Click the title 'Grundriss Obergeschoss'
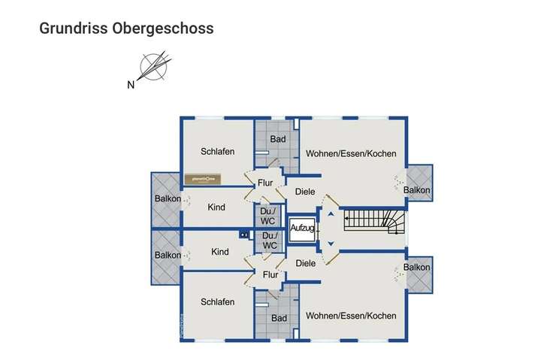pyautogui.click(x=126, y=29)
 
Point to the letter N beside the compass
pyautogui.click(x=131, y=85)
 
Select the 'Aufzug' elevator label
pyautogui.click(x=304, y=227)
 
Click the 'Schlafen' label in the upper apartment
pyautogui.click(x=218, y=151)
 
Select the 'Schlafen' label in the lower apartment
pyautogui.click(x=218, y=301)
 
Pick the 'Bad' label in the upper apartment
pyautogui.click(x=278, y=139)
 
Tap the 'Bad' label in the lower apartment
pyautogui.click(x=280, y=318)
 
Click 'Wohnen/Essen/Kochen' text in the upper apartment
pyautogui.click(x=350, y=153)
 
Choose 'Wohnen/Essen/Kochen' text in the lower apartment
pyautogui.click(x=350, y=316)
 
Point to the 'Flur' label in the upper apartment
pyautogui.click(x=265, y=183)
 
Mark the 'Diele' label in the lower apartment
pyautogui.click(x=306, y=263)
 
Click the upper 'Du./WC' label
pyautogui.click(x=268, y=216)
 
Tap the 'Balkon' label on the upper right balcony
pyautogui.click(x=417, y=190)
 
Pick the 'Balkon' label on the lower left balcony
pyautogui.click(x=168, y=255)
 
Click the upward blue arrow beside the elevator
pyautogui.click(x=329, y=214)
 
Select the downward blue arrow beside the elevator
pyautogui.click(x=329, y=243)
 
